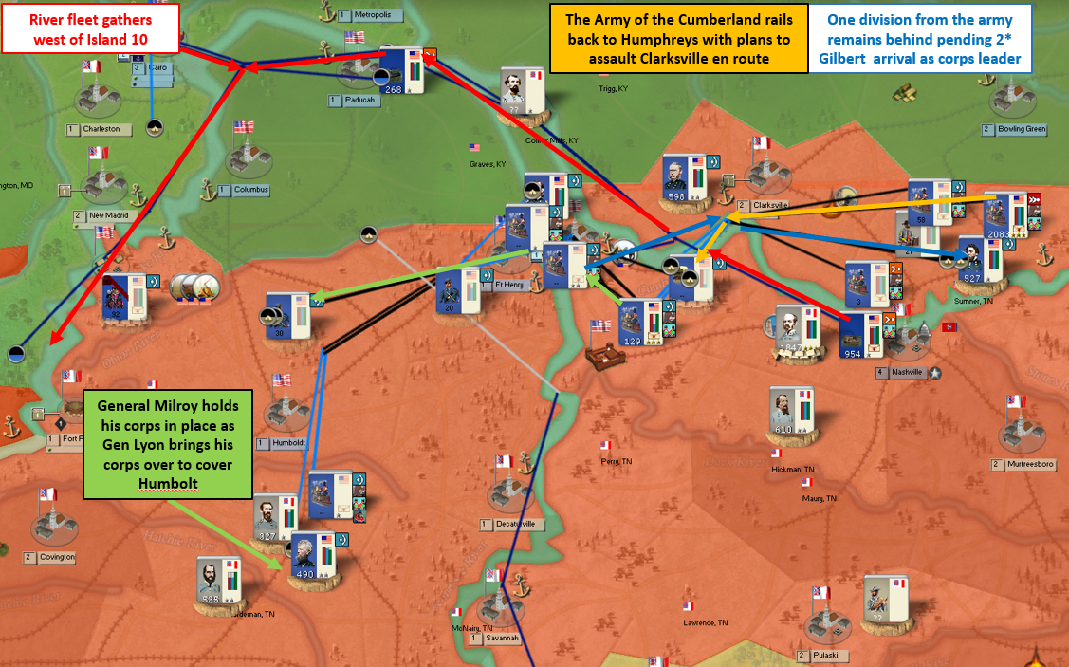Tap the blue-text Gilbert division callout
click(919, 39)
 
